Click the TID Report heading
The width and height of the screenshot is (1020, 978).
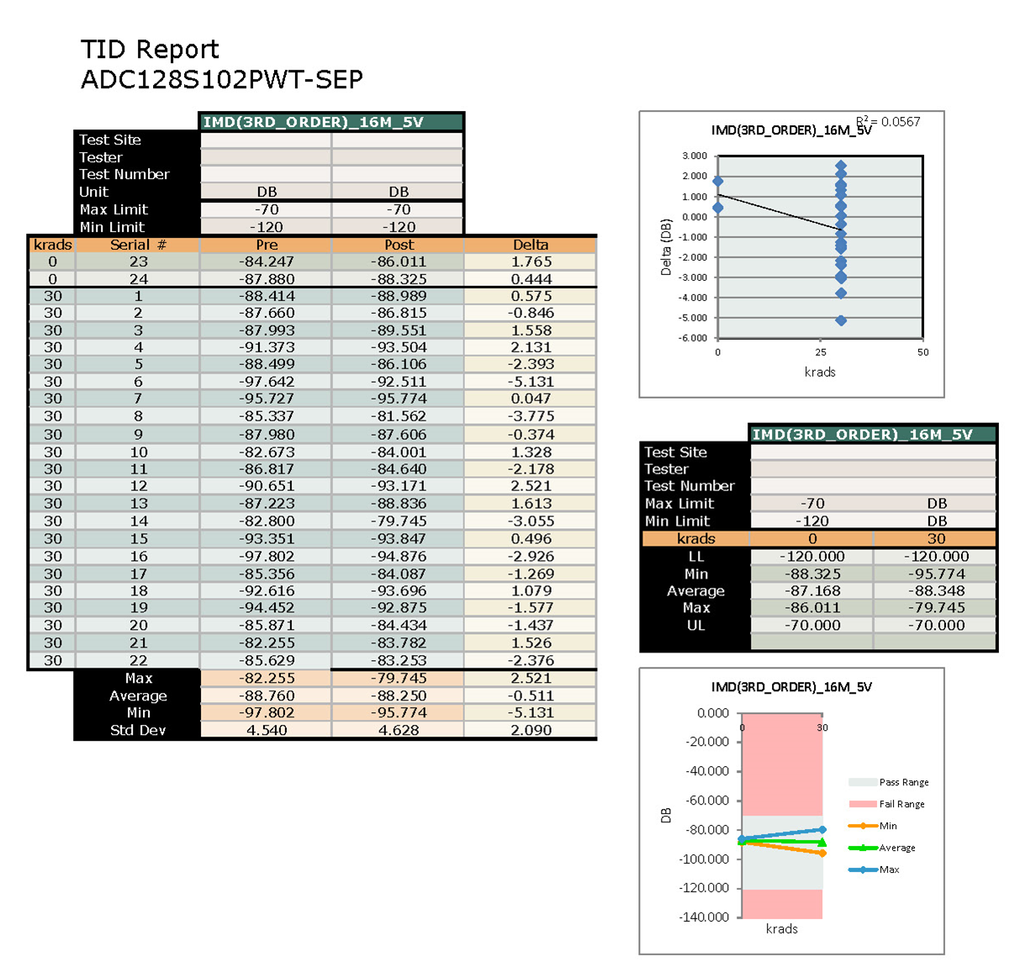[150, 50]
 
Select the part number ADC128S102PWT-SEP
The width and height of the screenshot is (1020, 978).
[222, 80]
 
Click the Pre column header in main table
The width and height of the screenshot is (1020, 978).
[267, 245]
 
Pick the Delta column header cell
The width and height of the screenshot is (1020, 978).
[531, 245]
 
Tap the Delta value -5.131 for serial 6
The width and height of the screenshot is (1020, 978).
[531, 382]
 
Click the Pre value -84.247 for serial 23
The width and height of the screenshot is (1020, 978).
[267, 262]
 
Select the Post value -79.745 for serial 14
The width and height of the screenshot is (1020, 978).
[399, 521]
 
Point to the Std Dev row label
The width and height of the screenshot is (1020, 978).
[138, 730]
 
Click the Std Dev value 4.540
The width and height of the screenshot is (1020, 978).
[267, 730]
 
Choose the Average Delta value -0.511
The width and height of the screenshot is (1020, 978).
[531, 695]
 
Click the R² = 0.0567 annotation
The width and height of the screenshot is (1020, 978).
[888, 122]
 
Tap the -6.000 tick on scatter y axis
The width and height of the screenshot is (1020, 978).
[694, 338]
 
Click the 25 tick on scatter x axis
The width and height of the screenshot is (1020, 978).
[821, 352]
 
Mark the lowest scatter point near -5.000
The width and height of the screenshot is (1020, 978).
[841, 320]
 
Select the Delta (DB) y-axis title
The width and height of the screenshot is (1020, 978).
[666, 247]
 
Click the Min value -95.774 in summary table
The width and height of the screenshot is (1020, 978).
[936, 574]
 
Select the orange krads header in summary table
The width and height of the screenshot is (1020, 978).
[695, 538]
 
